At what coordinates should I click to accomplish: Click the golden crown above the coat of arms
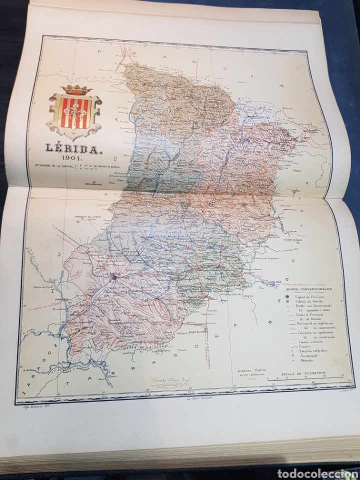[x=73, y=89]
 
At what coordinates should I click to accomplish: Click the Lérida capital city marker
[x=114, y=276]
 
